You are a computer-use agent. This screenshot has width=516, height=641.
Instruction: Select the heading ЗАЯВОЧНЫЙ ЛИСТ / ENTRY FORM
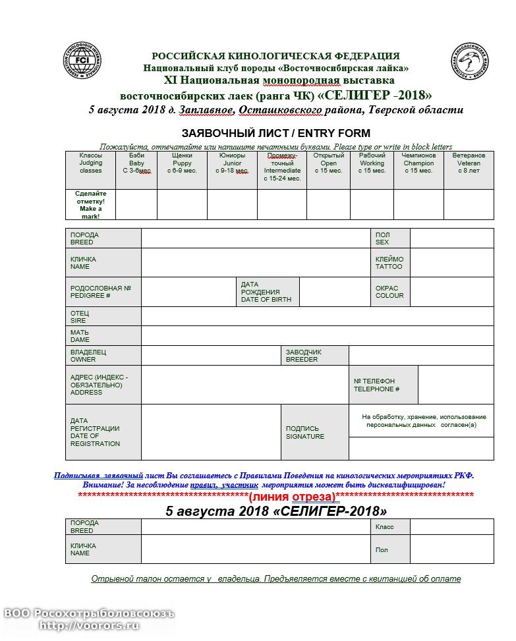(x=275, y=133)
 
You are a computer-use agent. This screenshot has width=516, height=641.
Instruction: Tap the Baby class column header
(x=136, y=163)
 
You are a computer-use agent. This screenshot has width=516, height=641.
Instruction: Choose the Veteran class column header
(x=469, y=163)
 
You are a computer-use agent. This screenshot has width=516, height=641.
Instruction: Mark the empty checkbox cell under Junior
(x=232, y=204)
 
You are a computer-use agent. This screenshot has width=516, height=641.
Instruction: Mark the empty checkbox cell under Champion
(x=418, y=204)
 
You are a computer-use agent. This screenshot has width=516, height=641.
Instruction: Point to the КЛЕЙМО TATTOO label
(x=390, y=262)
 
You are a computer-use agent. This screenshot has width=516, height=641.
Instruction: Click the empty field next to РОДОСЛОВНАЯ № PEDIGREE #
(x=188, y=292)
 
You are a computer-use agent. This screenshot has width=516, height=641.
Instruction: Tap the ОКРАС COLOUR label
(x=390, y=292)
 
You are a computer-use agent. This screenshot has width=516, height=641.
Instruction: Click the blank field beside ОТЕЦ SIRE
(x=317, y=316)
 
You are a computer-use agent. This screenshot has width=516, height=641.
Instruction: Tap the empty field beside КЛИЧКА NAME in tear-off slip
(x=255, y=549)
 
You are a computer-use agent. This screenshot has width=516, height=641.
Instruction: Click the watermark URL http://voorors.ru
(x=89, y=626)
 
